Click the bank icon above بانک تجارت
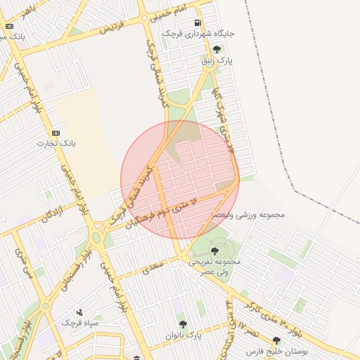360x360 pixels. point(56,133)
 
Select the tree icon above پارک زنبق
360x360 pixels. point(217,49)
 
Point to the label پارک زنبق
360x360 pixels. point(217,60)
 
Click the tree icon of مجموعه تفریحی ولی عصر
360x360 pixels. point(214,251)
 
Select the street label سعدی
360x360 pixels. point(152,266)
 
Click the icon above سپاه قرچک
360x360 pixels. point(79,311)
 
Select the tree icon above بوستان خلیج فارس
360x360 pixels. point(276,340)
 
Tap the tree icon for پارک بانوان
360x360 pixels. point(183,324)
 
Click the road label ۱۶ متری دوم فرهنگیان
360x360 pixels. point(161,210)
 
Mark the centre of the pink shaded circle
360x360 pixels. point(180,180)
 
